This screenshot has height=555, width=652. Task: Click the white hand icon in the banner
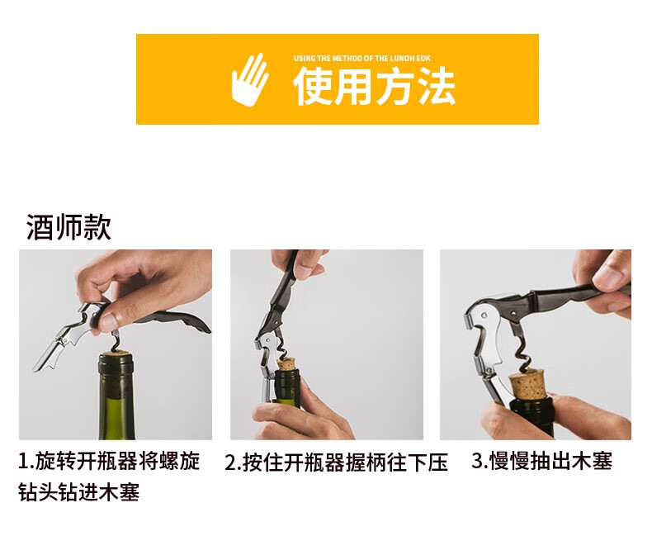tap(249, 79)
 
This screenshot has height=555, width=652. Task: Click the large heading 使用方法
tap(374, 87)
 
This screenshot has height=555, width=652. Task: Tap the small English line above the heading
tap(361, 59)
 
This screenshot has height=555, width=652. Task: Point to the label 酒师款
tap(69, 227)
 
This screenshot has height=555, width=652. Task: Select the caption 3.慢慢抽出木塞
tap(541, 461)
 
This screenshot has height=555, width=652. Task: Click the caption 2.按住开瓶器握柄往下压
tap(336, 462)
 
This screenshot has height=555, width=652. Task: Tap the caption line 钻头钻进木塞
tap(79, 491)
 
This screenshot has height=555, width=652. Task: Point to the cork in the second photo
tap(286, 365)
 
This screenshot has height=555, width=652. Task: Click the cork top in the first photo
tap(116, 355)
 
